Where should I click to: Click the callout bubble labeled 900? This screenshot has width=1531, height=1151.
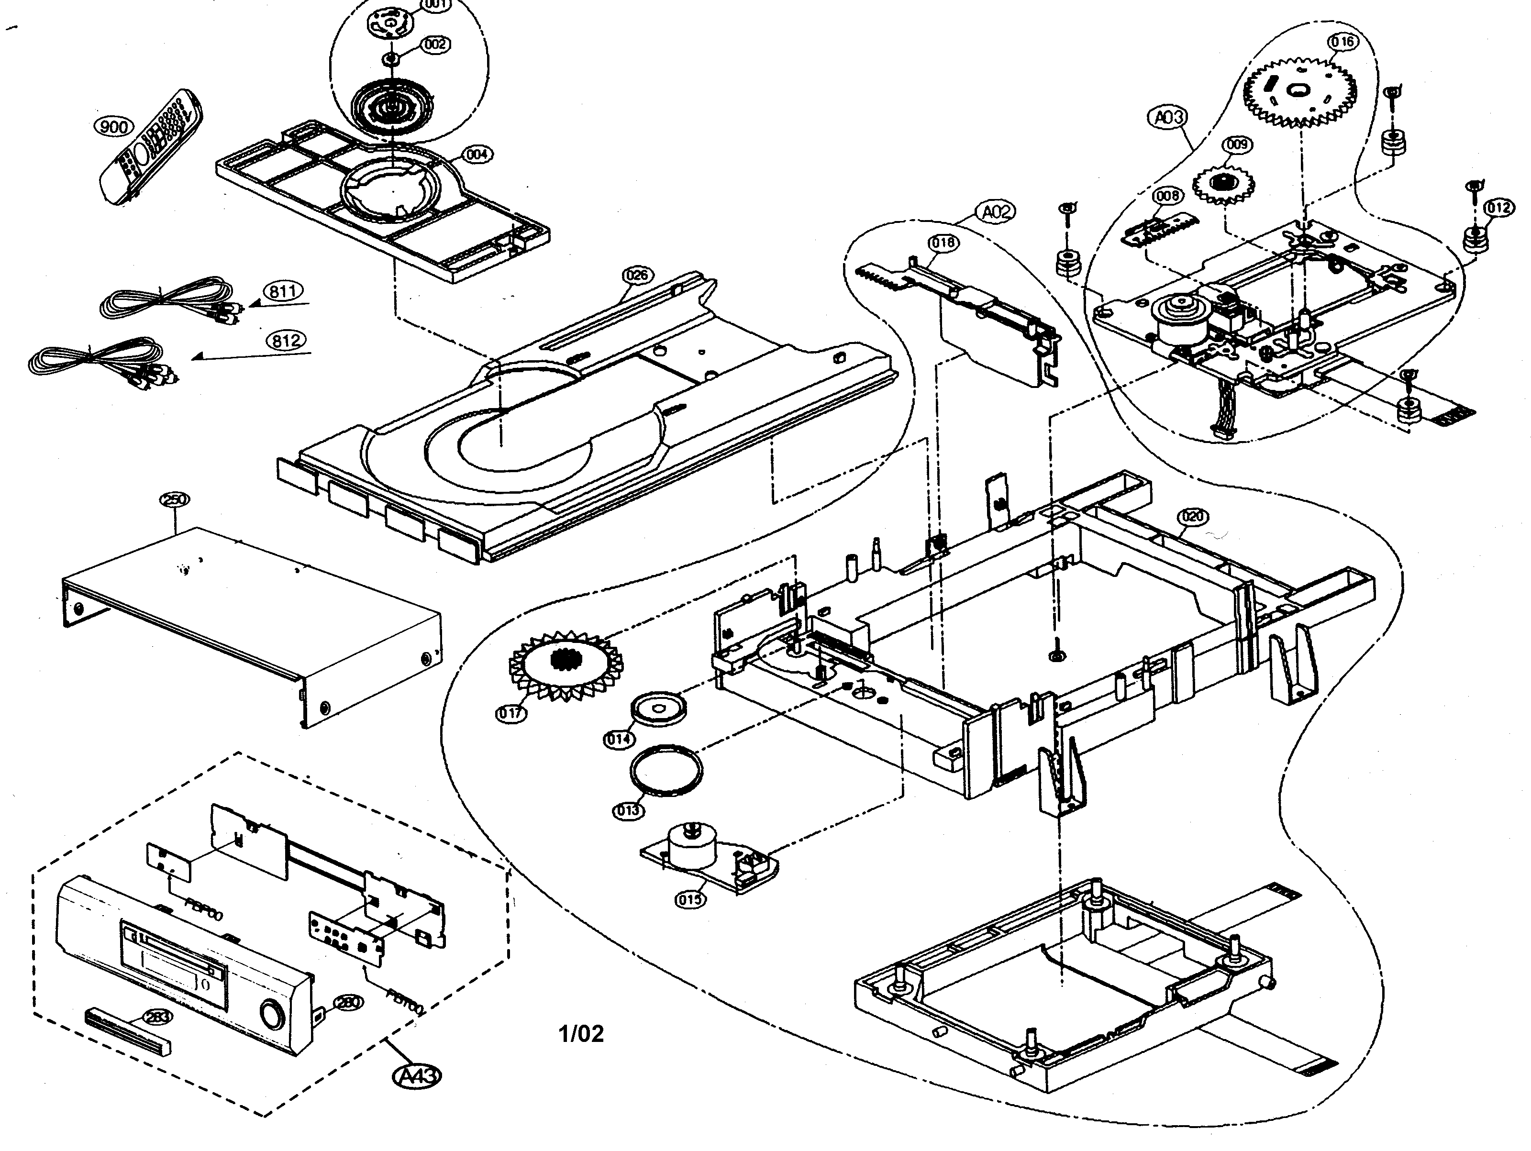coord(113,127)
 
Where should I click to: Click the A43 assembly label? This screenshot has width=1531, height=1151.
coord(417,1075)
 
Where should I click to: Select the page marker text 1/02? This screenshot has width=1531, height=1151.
coord(581,1033)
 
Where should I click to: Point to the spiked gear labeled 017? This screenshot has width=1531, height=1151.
coord(566,664)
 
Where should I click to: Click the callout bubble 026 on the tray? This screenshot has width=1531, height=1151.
coord(637,276)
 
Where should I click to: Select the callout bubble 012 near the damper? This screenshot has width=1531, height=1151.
coord(1498,208)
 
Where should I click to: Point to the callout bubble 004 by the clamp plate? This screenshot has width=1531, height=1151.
coord(477,155)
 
